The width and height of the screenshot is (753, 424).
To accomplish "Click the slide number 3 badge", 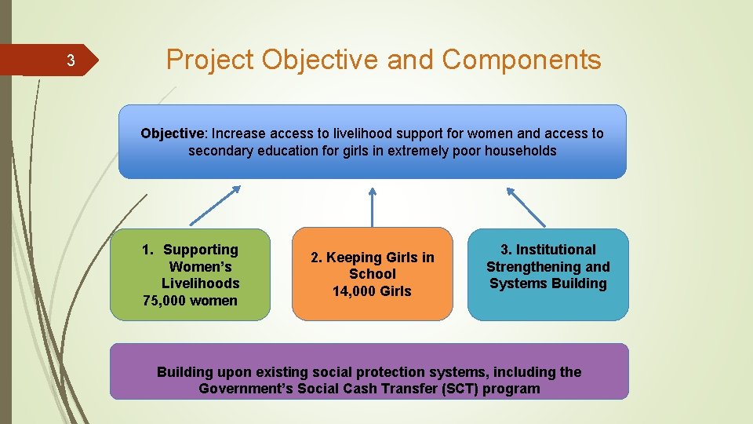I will coord(70,60).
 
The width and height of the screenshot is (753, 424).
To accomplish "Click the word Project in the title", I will coord(210,59).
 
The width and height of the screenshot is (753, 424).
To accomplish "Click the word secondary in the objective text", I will coord(220,151).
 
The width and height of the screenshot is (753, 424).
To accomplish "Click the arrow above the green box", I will coord(215,205).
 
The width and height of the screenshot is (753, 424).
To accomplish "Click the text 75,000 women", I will coord(190,301).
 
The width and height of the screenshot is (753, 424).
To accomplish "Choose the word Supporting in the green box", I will coord(200,250).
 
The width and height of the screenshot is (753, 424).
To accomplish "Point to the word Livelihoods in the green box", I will coord(200,283).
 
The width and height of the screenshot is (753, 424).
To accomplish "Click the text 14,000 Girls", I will coord(372,291).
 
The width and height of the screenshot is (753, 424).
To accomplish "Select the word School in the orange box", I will coord(372,274).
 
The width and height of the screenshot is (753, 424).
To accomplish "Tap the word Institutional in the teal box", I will coord(555,250).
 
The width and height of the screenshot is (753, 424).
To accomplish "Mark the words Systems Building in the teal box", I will coord(547,283).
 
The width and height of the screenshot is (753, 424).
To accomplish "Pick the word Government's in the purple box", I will coord(249,389).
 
